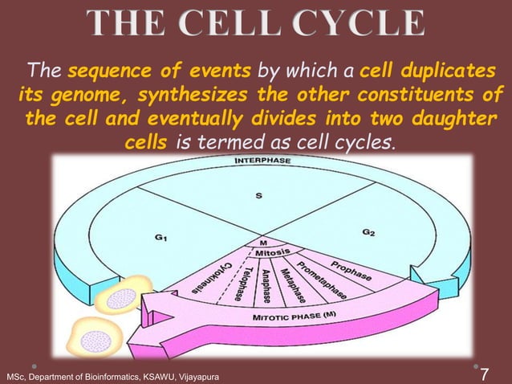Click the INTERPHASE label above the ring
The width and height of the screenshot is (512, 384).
262,161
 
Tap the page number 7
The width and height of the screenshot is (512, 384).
483,374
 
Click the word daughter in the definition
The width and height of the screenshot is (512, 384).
441,121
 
